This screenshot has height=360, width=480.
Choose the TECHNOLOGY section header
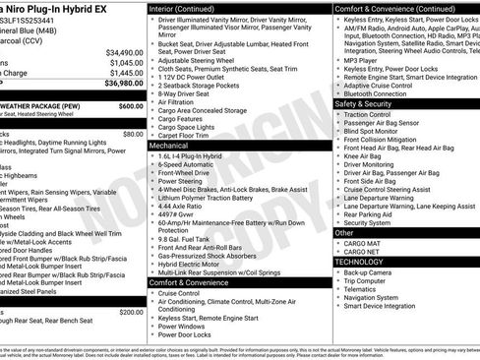click(359, 262)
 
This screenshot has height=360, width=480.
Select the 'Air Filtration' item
click(180, 101)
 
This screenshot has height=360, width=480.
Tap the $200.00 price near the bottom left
click(130, 312)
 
